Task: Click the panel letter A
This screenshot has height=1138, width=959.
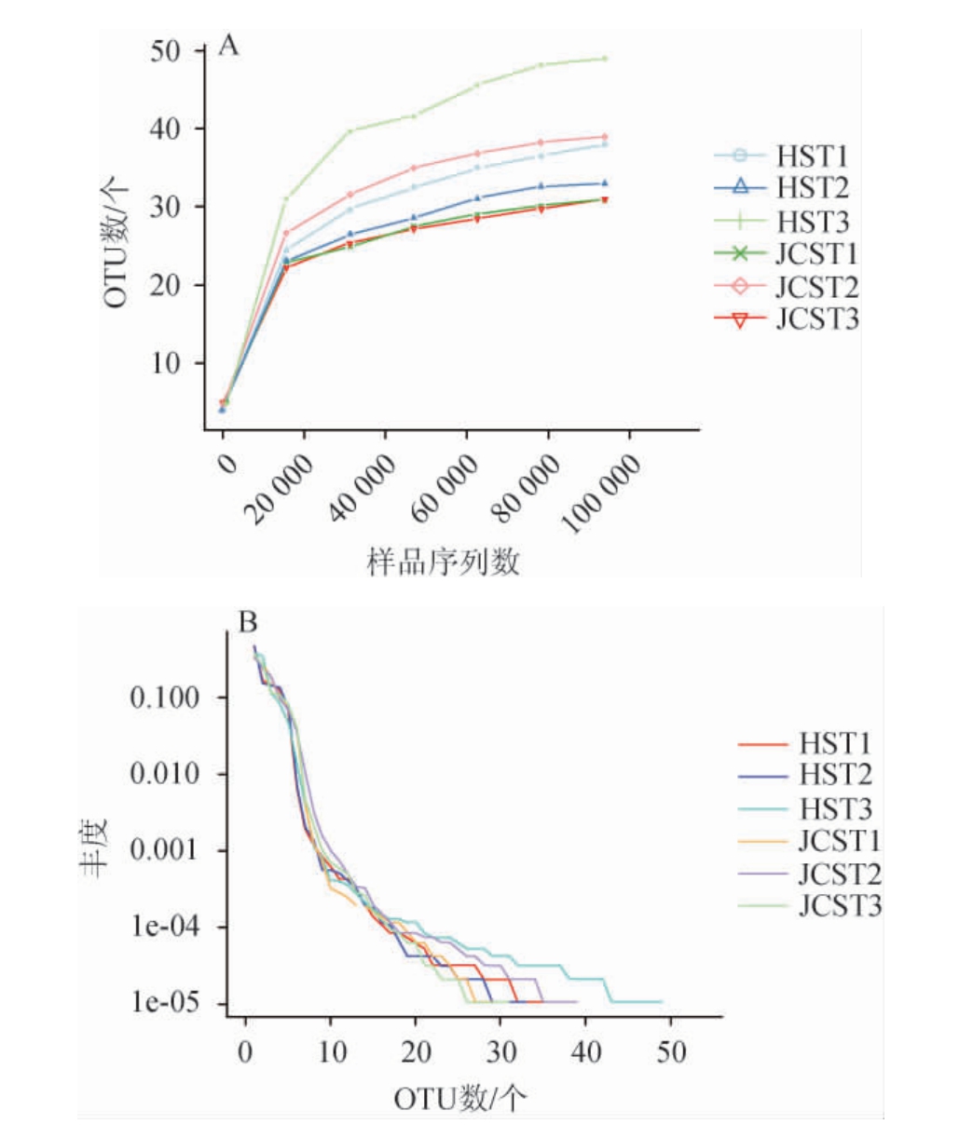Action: point(228,45)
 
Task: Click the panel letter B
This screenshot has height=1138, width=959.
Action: point(248,622)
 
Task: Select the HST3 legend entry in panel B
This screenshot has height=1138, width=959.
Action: point(835,808)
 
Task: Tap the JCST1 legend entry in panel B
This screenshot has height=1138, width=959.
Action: point(840,841)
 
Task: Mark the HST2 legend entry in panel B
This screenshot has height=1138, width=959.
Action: point(835,775)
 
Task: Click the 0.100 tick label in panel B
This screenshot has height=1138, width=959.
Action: point(165,698)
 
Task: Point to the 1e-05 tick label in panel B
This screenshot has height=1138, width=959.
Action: point(165,1004)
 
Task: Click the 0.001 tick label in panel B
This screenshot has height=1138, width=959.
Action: point(165,850)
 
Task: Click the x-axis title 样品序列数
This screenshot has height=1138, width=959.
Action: point(444,562)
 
